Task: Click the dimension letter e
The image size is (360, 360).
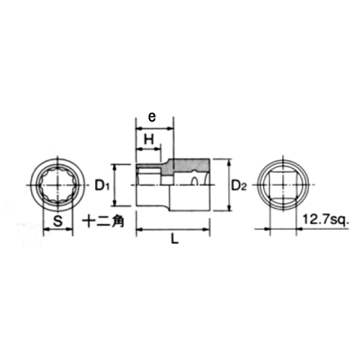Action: (x=152, y=117)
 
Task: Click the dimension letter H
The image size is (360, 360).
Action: (x=149, y=139)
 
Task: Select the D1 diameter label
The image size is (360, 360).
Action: (x=102, y=185)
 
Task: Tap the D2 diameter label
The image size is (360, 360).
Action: (x=239, y=185)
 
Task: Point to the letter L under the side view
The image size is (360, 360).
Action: (x=175, y=239)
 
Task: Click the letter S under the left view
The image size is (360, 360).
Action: (x=58, y=220)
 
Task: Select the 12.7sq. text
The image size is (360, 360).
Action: (x=325, y=220)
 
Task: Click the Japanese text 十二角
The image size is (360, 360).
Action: (x=104, y=220)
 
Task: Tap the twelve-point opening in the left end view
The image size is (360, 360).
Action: (x=58, y=185)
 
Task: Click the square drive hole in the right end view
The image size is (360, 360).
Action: (x=283, y=185)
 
